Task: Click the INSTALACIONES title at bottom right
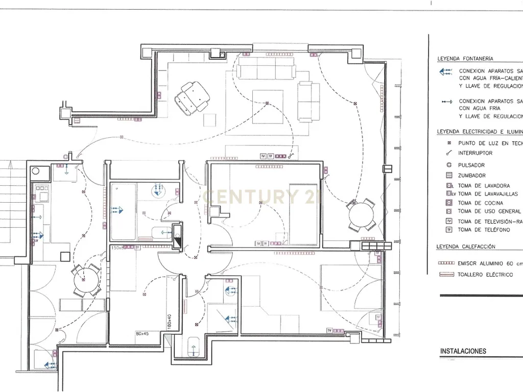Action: coord(463,351)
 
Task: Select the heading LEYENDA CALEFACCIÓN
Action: coord(465,247)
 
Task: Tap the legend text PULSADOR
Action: coord(471,165)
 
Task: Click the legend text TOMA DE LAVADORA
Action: coord(483,185)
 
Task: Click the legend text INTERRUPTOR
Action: coord(475,153)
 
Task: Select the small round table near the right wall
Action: coord(362,217)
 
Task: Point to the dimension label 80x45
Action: coord(142,334)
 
